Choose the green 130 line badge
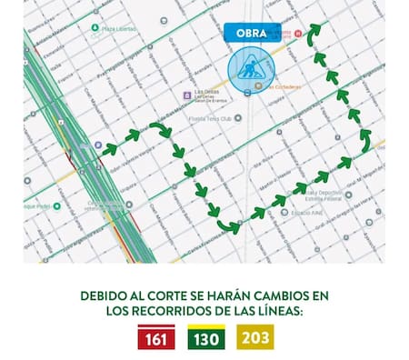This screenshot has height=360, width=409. (x=204, y=338)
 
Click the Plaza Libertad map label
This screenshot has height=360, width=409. (x=118, y=28)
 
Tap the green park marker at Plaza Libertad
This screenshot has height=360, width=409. (x=95, y=28)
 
